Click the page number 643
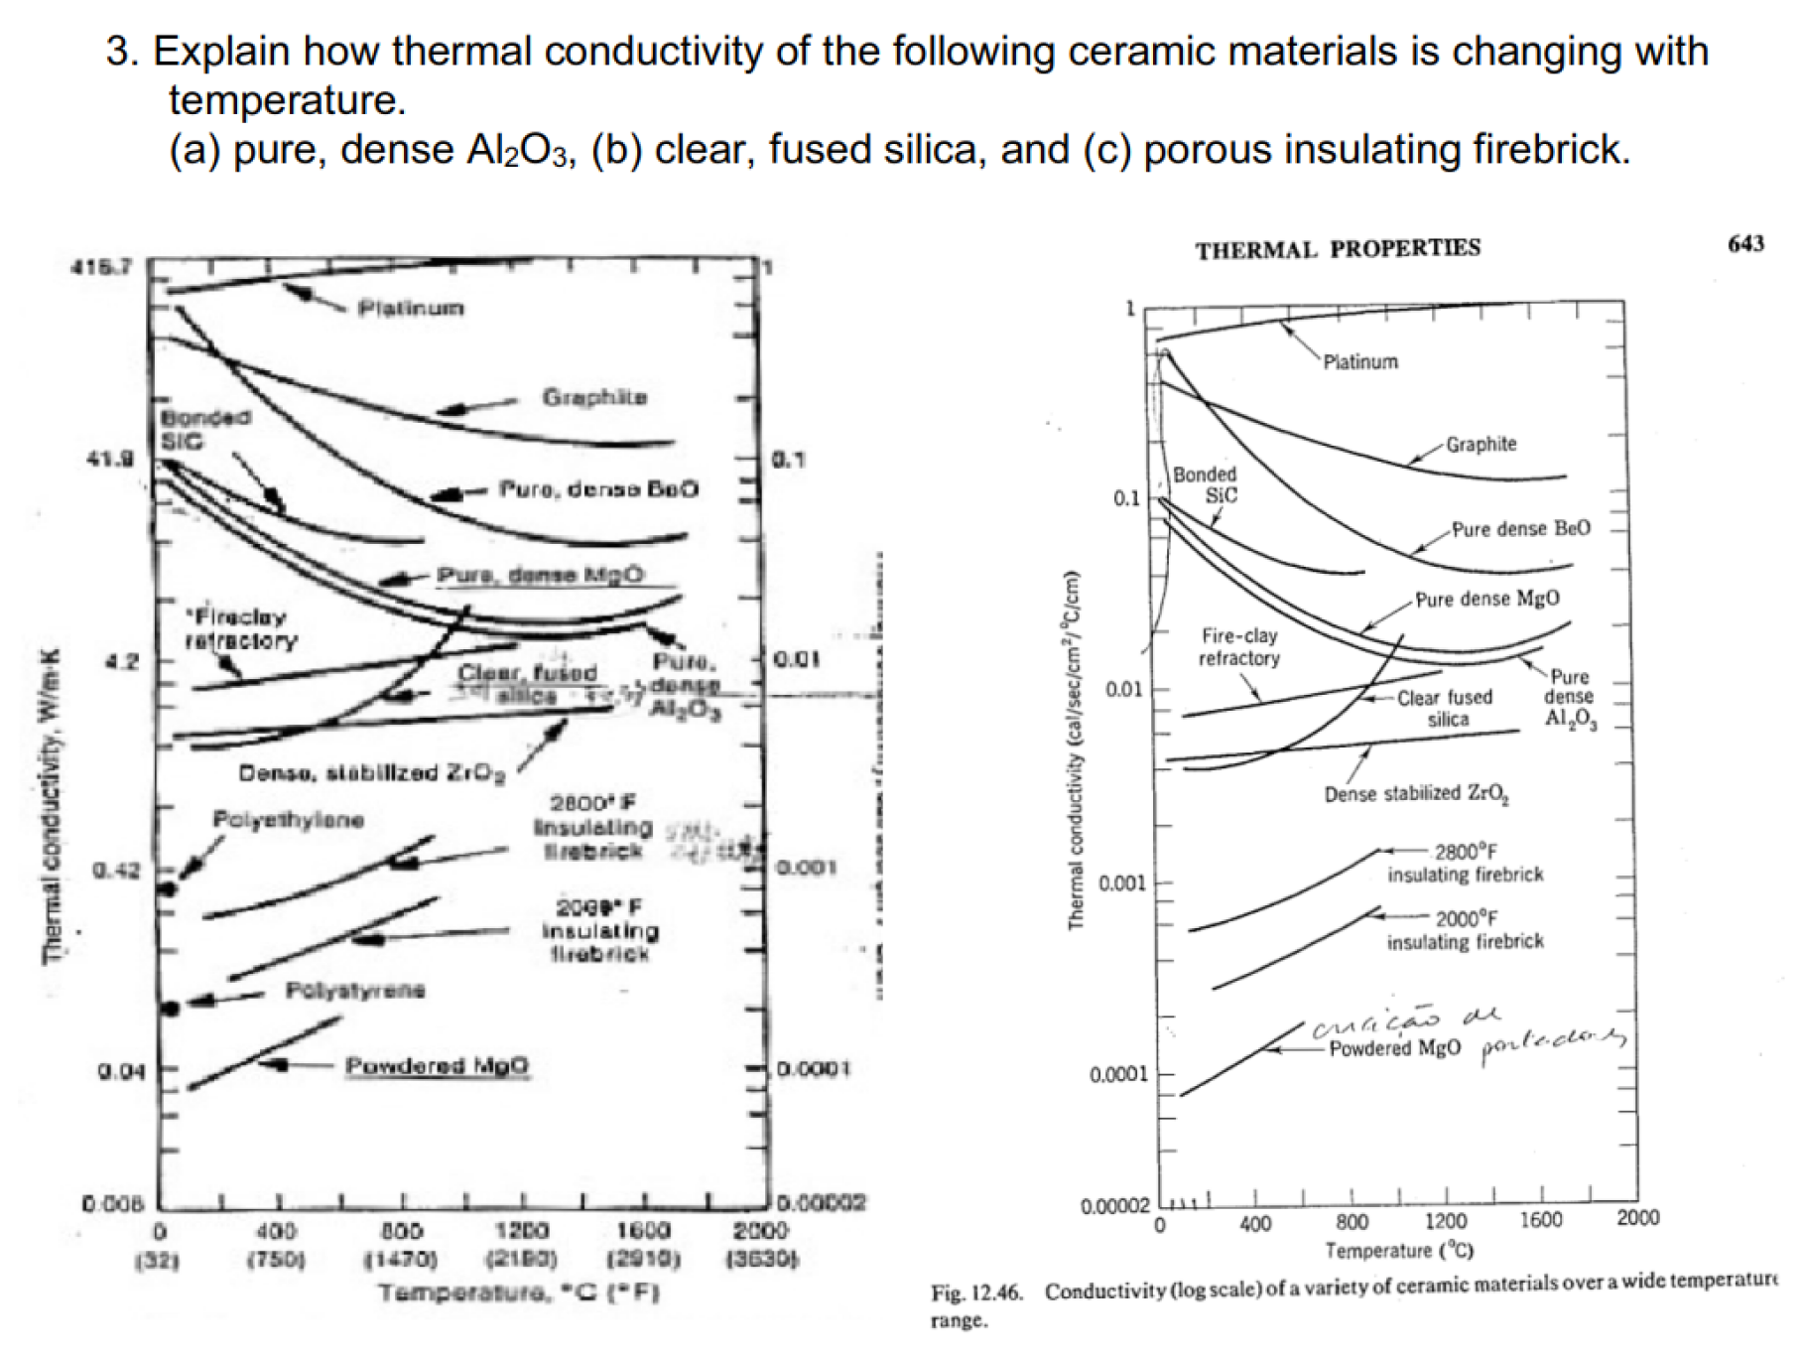[1745, 243]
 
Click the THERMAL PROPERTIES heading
[1337, 249]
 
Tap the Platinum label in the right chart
[1360, 362]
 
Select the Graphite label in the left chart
[594, 398]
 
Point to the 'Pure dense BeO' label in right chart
[1520, 529]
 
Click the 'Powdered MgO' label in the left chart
[437, 1066]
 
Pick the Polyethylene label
[288, 820]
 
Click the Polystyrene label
[355, 990]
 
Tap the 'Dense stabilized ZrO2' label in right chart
[1416, 794]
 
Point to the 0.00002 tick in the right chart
[1114, 1207]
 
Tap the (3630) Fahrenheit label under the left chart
[762, 1260]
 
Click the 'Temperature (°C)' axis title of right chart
[1398, 1251]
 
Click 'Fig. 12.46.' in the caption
[975, 1292]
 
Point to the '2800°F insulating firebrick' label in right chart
[1465, 864]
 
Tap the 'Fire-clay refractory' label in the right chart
[1238, 647]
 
